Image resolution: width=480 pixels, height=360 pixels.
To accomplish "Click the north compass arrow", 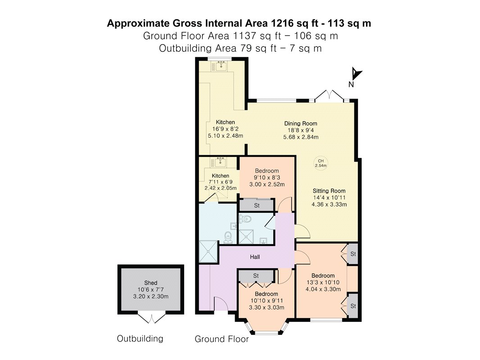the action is point(356,74).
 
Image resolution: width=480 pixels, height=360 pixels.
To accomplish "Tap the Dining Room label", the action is point(301,124).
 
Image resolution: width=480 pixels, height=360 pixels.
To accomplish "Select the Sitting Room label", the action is point(329,191).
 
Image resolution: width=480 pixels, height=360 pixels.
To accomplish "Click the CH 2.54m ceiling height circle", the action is point(321,163).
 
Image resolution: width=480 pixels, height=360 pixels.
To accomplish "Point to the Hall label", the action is point(255,257).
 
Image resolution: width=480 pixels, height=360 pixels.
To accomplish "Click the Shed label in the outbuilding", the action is point(150,283).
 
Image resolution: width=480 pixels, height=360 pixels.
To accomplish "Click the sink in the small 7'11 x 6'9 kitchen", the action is point(220,162).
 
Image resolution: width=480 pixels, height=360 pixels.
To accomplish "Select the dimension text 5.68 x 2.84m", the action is point(301,137).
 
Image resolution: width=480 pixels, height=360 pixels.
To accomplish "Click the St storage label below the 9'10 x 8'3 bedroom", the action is point(257,206).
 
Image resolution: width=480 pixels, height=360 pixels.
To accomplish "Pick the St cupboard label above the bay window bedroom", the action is point(256,276).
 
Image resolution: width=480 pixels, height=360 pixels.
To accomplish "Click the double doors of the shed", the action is point(151,318).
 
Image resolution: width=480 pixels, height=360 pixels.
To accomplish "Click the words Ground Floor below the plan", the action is point(222,339).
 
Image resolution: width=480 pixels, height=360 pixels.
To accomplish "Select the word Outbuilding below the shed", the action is point(140,338).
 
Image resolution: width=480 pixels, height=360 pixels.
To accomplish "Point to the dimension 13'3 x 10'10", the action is point(323,282).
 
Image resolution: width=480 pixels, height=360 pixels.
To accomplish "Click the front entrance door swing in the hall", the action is point(221,304).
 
